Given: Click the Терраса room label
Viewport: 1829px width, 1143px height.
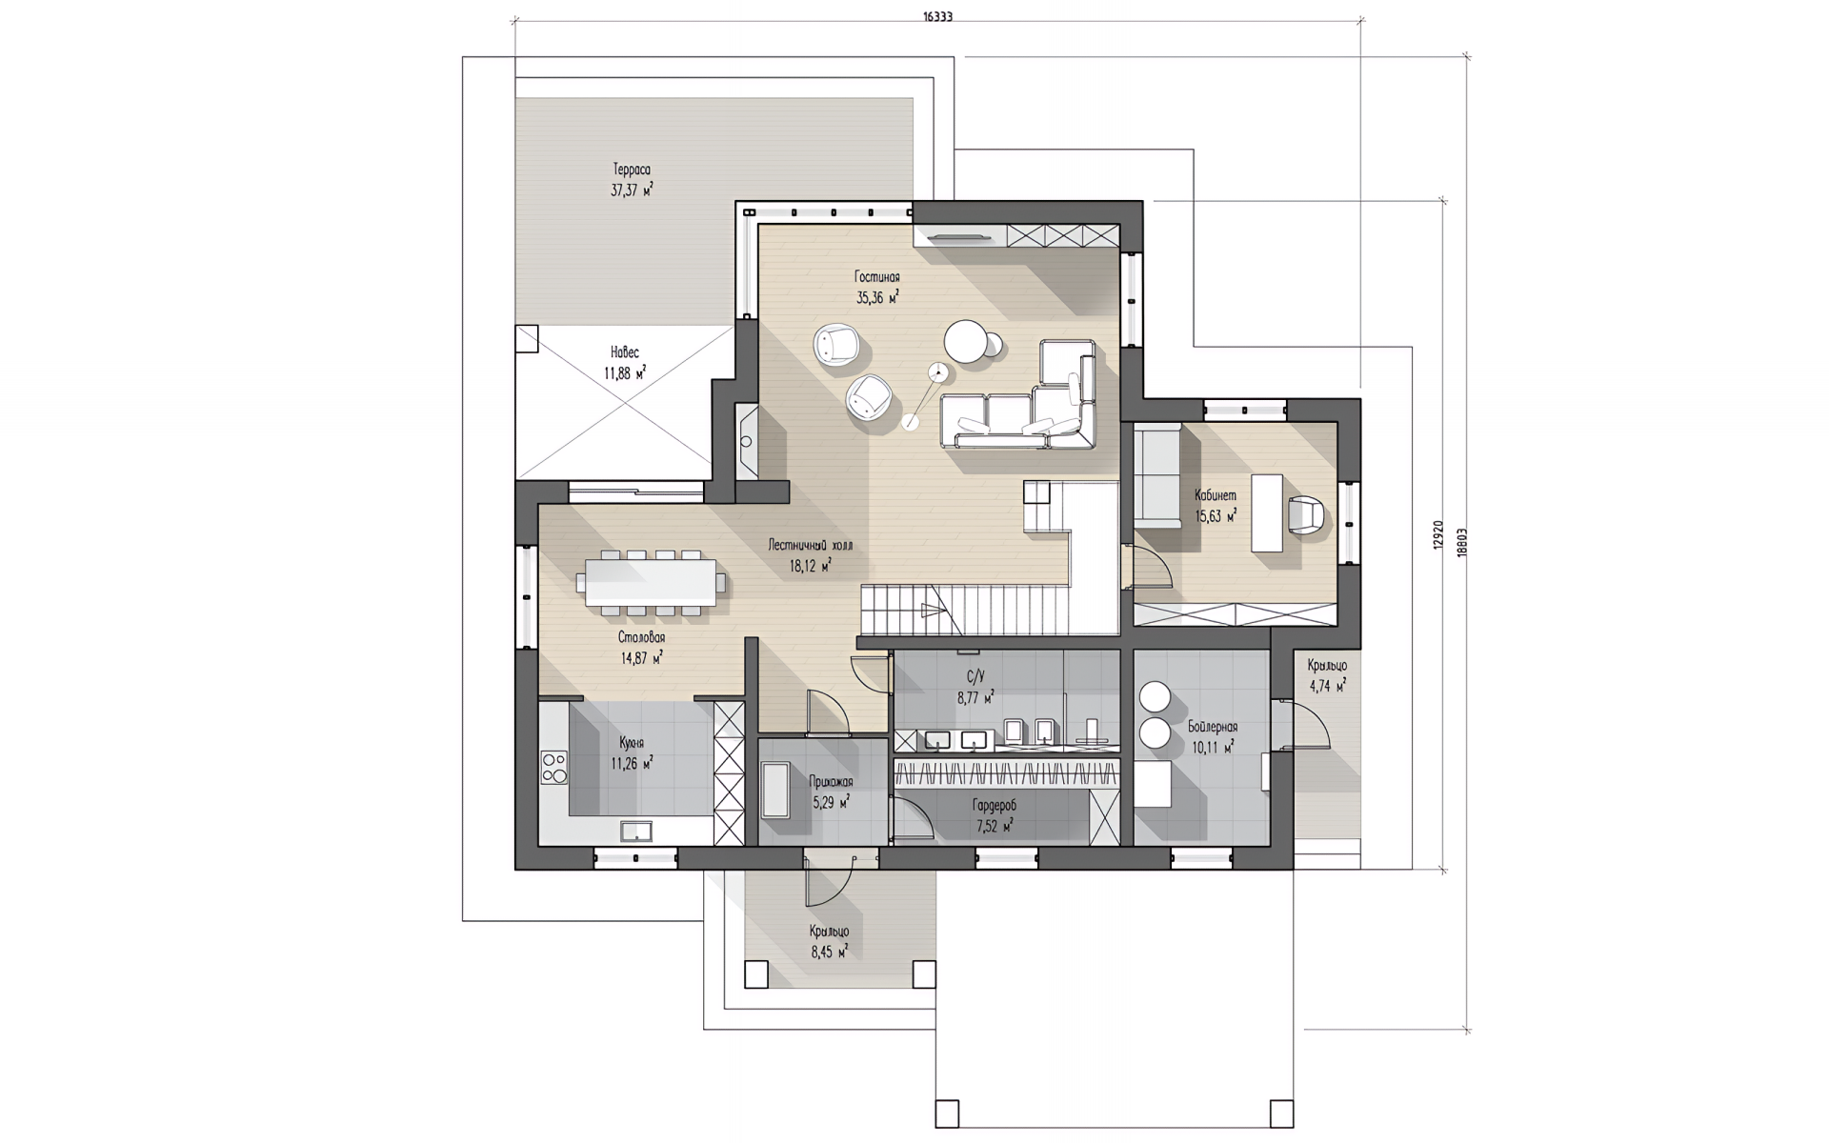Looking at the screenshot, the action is tap(633, 170).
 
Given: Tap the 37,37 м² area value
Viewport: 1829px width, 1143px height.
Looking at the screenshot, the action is tap(633, 190).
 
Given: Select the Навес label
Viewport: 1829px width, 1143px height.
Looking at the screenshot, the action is tap(625, 352).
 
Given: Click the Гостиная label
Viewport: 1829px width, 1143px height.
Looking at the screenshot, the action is tap(876, 277).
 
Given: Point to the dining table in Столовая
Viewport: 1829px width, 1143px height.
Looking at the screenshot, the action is tap(651, 581).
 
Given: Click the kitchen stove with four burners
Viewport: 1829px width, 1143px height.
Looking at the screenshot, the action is tap(553, 767).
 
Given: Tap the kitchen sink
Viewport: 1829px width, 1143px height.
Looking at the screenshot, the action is tap(636, 832).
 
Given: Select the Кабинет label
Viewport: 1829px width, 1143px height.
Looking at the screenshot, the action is tap(1216, 495).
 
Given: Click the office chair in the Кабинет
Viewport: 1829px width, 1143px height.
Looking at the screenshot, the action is tap(1305, 515).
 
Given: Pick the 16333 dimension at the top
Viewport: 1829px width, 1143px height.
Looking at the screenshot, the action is tap(938, 16).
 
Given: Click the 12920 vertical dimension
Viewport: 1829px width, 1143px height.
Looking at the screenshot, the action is tap(1438, 535).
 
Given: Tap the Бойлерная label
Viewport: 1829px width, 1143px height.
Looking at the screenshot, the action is tap(1213, 727).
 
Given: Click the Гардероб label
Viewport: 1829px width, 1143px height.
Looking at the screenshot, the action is tap(995, 806).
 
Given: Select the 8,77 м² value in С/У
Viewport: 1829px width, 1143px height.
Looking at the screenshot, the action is tap(975, 697).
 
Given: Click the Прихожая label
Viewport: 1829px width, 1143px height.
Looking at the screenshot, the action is tap(831, 782).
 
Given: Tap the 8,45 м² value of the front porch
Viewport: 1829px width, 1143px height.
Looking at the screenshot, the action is tap(829, 951).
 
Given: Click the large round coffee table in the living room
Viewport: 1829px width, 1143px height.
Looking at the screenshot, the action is tap(966, 341).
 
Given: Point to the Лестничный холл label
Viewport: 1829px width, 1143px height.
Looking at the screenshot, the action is tap(811, 546).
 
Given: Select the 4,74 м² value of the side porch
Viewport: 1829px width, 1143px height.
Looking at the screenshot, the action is tap(1327, 686).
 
